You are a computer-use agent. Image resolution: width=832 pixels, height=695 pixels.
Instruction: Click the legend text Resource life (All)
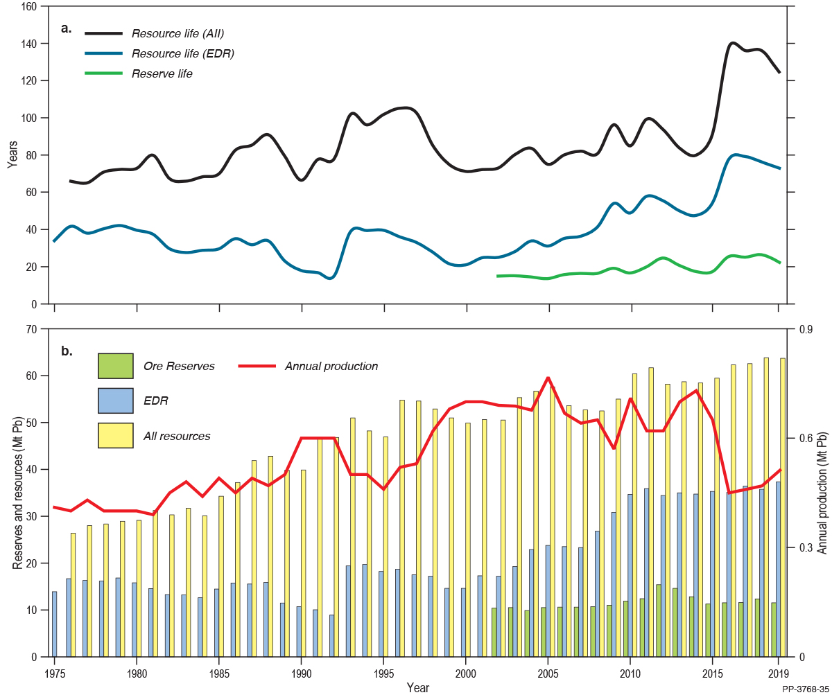click(x=177, y=33)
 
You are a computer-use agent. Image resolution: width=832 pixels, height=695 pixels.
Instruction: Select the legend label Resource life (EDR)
click(x=183, y=53)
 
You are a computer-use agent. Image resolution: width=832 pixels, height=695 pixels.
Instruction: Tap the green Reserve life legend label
click(x=162, y=73)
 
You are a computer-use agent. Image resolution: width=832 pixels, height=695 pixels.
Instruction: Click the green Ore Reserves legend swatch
click(x=115, y=366)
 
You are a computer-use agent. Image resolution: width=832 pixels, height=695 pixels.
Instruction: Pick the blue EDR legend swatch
click(x=115, y=401)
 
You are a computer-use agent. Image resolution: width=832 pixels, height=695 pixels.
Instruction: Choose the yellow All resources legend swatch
click(x=115, y=436)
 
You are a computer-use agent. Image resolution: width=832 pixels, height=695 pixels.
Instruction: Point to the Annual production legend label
click(x=331, y=366)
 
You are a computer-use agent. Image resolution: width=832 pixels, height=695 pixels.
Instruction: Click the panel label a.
click(x=67, y=28)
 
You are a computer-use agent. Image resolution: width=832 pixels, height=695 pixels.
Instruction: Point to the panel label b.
click(x=67, y=351)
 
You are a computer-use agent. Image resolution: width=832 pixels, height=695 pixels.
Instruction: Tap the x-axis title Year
click(x=417, y=687)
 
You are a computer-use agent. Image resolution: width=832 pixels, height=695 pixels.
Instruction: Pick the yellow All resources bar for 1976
click(x=73, y=595)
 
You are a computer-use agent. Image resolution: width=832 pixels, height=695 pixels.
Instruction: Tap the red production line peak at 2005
click(x=548, y=378)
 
